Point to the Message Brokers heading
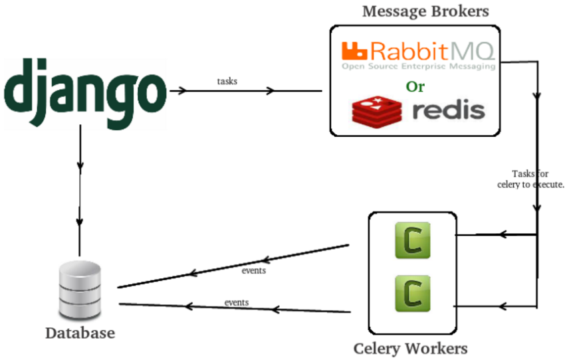click(x=425, y=11)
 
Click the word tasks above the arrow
click(x=227, y=81)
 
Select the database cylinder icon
click(x=80, y=290)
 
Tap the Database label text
click(x=80, y=333)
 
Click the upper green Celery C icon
click(x=412, y=240)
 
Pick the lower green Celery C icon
click(x=412, y=294)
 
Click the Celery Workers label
click(x=410, y=348)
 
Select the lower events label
click(x=236, y=302)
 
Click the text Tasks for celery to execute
click(x=530, y=179)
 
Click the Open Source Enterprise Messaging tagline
click(x=418, y=66)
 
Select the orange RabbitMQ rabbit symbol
click(x=354, y=50)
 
